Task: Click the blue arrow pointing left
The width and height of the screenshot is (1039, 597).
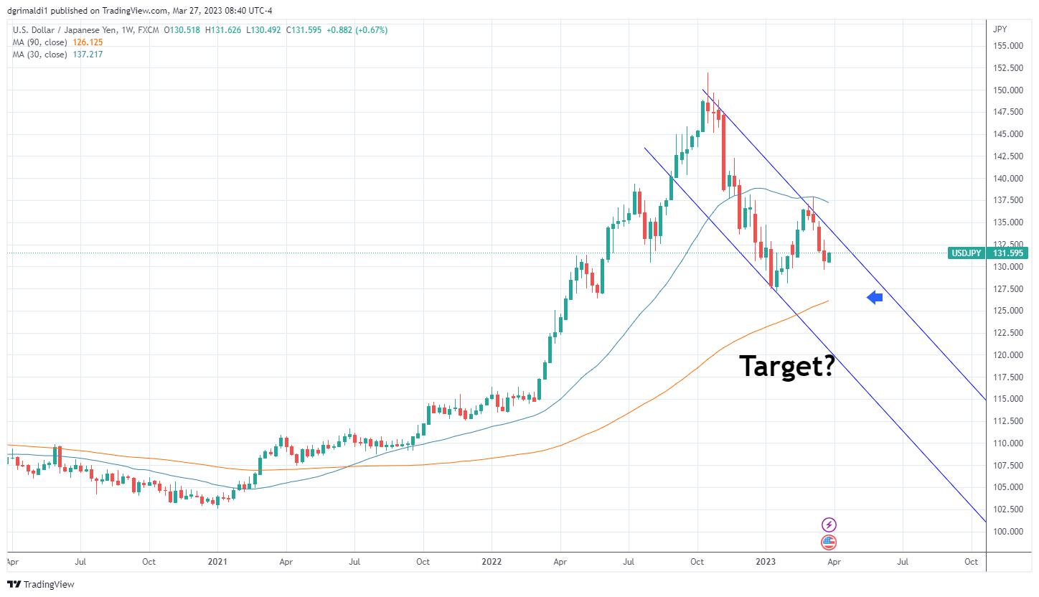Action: [x=874, y=297]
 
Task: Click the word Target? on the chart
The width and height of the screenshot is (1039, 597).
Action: [x=786, y=366]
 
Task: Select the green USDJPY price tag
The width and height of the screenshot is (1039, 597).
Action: [x=988, y=253]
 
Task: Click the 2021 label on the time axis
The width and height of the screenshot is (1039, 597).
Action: [x=217, y=563]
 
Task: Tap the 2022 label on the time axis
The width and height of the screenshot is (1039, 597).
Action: [x=491, y=563]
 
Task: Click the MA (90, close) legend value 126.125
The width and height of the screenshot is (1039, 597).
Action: [x=90, y=42]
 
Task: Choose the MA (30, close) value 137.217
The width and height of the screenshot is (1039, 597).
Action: [x=88, y=55]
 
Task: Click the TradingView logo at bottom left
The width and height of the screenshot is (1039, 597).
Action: [x=41, y=584]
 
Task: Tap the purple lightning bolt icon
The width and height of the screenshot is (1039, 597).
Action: [x=829, y=525]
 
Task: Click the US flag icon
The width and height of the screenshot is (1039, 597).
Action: [x=829, y=542]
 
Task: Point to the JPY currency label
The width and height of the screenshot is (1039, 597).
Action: [x=999, y=29]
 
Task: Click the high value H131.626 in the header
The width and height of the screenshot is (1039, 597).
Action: [x=224, y=30]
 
